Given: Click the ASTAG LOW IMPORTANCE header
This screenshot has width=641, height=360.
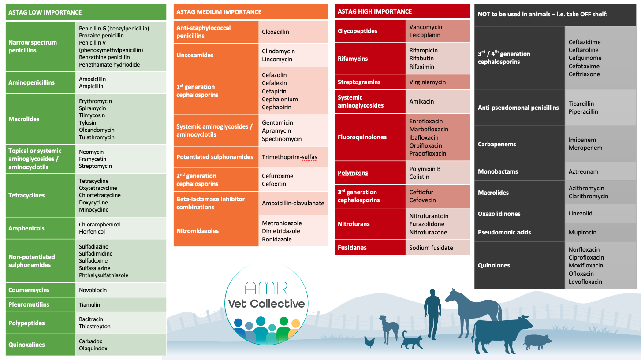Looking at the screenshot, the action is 45,12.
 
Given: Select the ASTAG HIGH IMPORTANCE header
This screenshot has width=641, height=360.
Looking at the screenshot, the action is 375,11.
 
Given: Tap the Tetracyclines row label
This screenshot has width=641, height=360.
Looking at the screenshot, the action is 26,195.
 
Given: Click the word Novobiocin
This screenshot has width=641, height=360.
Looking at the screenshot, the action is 93,290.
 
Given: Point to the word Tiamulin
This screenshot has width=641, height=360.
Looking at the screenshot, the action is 89,304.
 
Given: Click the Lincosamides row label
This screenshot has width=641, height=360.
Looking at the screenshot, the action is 195,55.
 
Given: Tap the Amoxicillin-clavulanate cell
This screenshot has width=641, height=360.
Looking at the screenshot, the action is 293,203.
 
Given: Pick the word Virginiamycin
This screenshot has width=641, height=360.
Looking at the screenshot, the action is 428,82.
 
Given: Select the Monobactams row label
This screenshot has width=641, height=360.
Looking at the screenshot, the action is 498,171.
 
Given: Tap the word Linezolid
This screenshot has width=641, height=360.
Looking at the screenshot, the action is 580,213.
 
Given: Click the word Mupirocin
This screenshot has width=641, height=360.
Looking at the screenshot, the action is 582,232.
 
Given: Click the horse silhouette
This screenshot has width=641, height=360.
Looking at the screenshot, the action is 475,312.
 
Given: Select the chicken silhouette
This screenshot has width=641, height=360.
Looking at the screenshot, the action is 369,342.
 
